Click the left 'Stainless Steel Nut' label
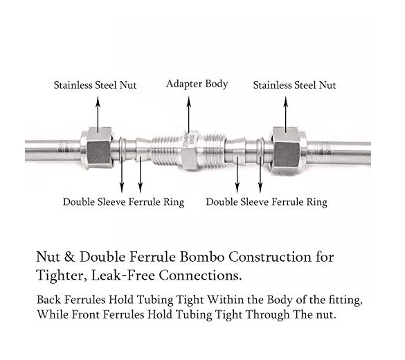point(95,85)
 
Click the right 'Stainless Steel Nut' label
point(294,85)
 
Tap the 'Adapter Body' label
point(197,84)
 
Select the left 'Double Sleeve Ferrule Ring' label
point(123,202)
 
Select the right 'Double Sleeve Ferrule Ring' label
point(267,202)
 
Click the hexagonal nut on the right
point(287,150)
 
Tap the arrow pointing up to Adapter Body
point(189,115)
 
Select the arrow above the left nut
point(98,114)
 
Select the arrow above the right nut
point(285,114)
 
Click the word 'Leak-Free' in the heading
point(123,276)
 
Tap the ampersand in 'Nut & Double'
point(69,258)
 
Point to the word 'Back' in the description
point(49,300)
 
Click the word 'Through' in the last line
point(267,315)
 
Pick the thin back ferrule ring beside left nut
point(123,150)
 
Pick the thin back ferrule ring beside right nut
point(260,152)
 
